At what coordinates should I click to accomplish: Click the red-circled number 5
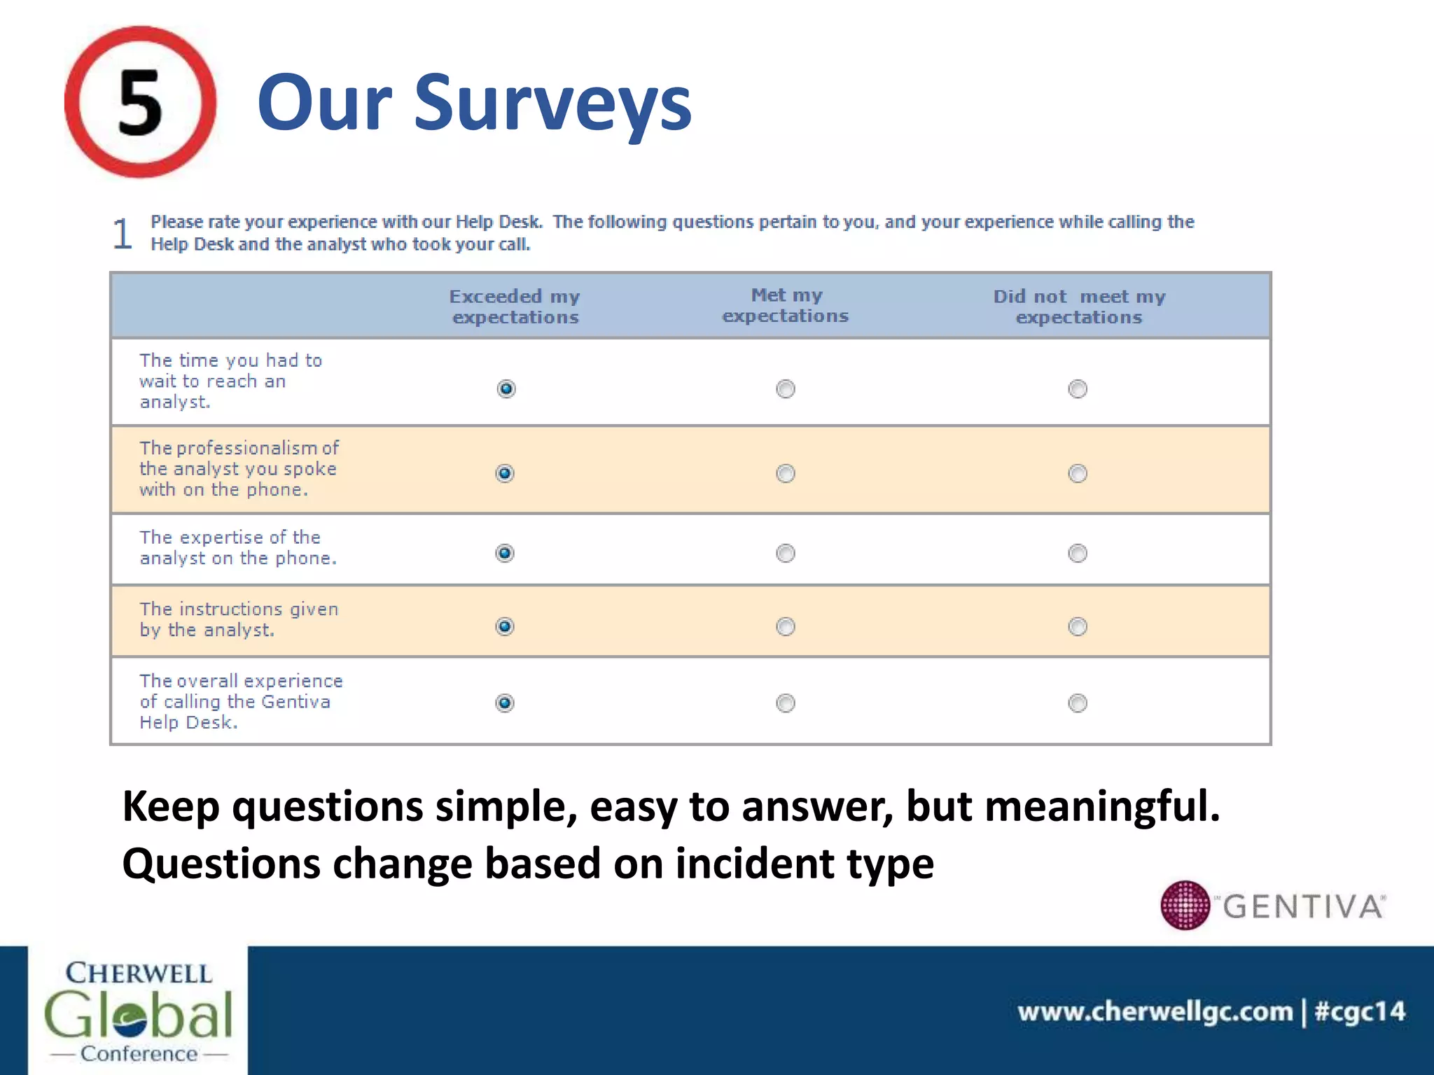[140, 102]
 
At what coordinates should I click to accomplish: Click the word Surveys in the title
[552, 104]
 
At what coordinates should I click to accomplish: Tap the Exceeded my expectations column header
[515, 307]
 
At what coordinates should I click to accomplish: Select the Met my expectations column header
[786, 305]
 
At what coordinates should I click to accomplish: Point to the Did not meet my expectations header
[1079, 307]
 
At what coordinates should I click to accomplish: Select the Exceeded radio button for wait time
[506, 388]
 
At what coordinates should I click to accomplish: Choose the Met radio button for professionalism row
[786, 474]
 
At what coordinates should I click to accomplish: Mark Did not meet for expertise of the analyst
[1078, 554]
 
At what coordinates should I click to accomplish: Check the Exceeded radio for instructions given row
[505, 626]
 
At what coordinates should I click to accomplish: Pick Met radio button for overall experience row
[786, 703]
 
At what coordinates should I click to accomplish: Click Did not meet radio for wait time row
[1078, 388]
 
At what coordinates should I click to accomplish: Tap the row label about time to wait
[230, 381]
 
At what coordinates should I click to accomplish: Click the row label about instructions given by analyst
[239, 619]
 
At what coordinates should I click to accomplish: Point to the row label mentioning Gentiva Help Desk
[241, 701]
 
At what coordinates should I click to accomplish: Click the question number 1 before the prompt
[123, 234]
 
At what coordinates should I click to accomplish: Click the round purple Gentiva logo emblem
[1185, 905]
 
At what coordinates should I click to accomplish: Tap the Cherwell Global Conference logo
[138, 1011]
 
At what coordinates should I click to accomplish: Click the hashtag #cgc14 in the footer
[1360, 1012]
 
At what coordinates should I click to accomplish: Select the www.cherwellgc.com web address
[1155, 1012]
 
